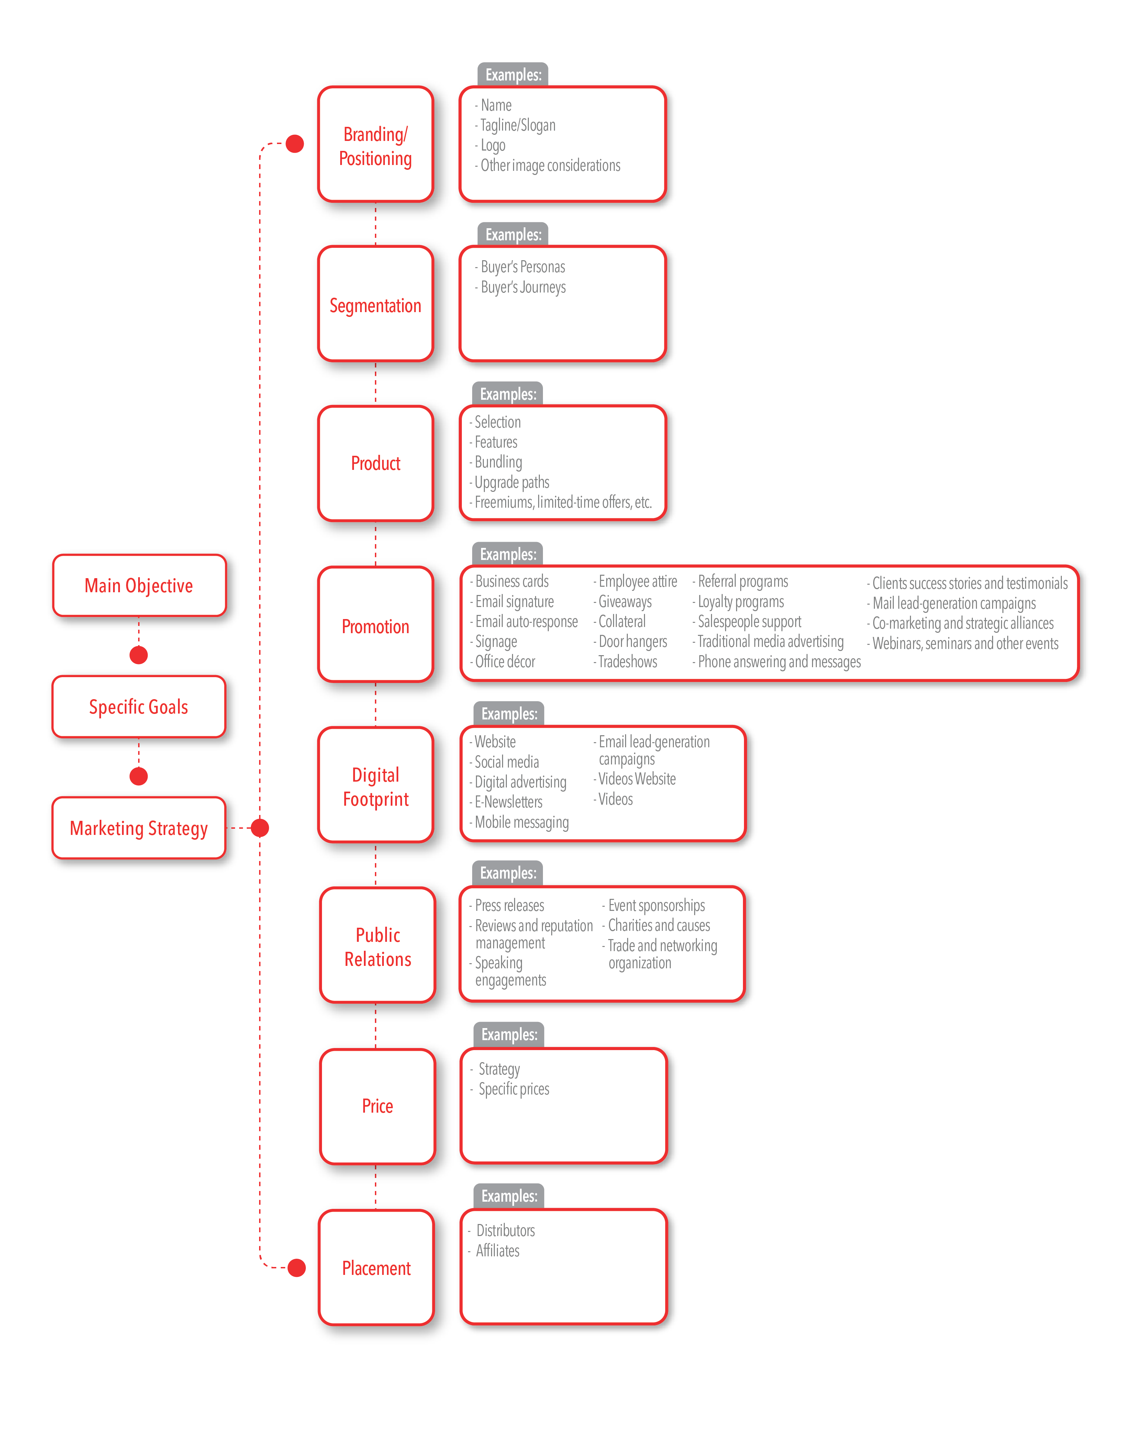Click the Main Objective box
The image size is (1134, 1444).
click(x=139, y=585)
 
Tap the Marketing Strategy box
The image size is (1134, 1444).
click(x=139, y=828)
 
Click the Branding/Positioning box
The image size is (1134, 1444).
click(x=376, y=144)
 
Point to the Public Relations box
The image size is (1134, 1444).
click(x=378, y=945)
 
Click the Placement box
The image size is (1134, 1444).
click(x=376, y=1267)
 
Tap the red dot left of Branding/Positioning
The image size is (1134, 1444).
click(x=295, y=143)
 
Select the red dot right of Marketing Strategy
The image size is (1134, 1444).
click(x=259, y=828)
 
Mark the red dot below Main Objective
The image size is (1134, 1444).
click(x=139, y=655)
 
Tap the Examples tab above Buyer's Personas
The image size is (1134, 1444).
click(x=513, y=234)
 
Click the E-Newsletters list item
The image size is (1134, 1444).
click(x=506, y=802)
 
